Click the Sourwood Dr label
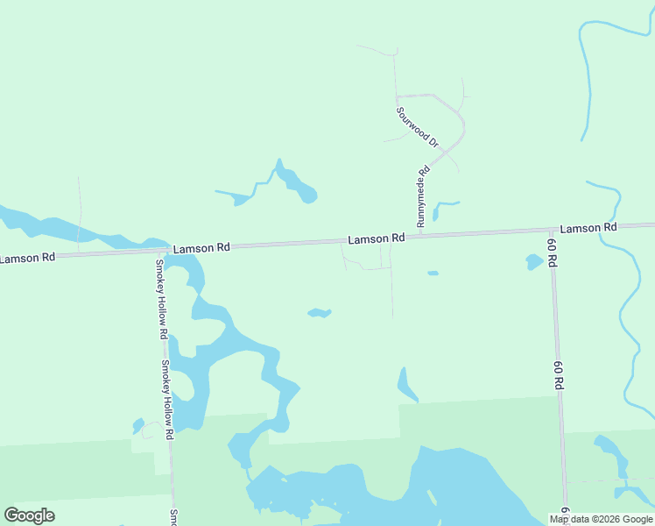[x=417, y=126]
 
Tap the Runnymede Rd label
[x=422, y=197]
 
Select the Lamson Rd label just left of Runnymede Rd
[x=376, y=238]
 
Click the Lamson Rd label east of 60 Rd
[x=588, y=228]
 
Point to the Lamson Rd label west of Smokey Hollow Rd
[x=28, y=258]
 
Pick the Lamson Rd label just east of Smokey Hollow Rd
[x=201, y=248]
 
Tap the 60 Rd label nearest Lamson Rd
[x=553, y=252]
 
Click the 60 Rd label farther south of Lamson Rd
[x=558, y=374]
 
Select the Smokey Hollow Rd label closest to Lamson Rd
[x=161, y=300]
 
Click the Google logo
[x=30, y=515]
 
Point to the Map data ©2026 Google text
[x=601, y=519]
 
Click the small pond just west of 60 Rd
[x=533, y=261]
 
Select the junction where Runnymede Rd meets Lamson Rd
[x=419, y=236]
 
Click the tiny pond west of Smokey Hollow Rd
[x=138, y=426]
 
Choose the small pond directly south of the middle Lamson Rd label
[x=320, y=313]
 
